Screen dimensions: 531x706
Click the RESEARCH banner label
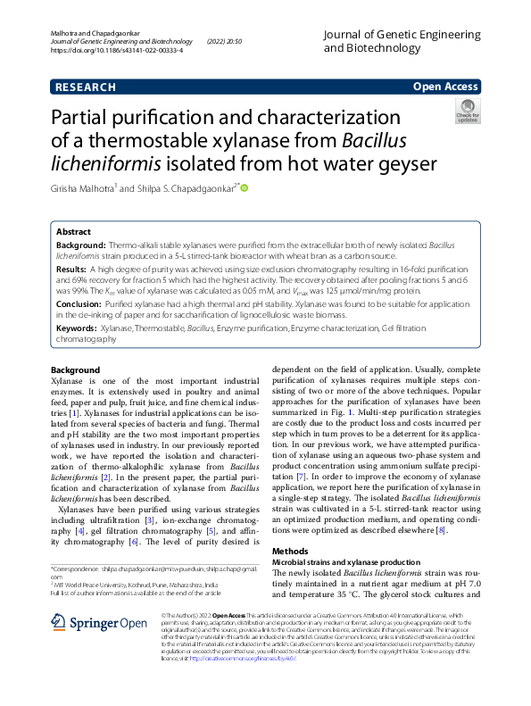85,87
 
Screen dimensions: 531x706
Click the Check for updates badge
468,114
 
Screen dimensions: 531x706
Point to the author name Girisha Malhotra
84,188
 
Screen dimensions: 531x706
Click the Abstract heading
73,230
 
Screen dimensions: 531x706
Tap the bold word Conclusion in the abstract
79,303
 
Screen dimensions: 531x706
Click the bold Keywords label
78,329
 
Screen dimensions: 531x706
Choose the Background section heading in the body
75,370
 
